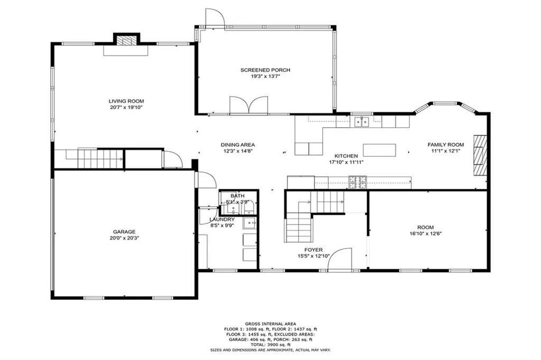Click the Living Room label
tap(126, 101)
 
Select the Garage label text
tap(124, 231)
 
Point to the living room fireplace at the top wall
tap(126, 41)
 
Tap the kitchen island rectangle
tap(379, 150)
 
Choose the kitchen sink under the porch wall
tap(362, 122)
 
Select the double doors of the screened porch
tap(249, 105)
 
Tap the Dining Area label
tap(238, 145)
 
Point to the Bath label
tap(237, 196)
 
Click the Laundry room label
tap(222, 219)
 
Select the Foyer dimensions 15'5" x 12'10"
tap(313, 257)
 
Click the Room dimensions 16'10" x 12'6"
tap(426, 234)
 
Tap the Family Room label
tap(445, 145)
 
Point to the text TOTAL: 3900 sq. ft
tap(270, 344)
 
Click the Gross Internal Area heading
tap(270, 324)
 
